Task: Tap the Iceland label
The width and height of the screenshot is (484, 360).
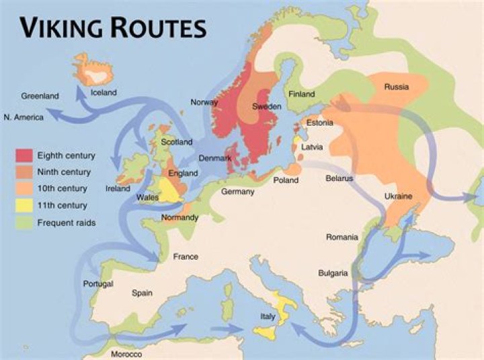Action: click(x=104, y=92)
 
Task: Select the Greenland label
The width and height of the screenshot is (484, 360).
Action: click(x=41, y=96)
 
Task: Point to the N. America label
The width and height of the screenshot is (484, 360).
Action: click(x=24, y=117)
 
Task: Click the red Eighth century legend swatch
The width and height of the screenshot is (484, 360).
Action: click(x=24, y=155)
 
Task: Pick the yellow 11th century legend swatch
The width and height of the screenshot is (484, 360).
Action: click(x=24, y=205)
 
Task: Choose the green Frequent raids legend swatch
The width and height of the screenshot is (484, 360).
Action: click(x=24, y=222)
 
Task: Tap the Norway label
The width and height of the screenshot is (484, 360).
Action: click(x=204, y=102)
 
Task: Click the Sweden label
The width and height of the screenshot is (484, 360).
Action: click(x=267, y=106)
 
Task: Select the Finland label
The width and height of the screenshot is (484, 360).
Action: click(x=301, y=94)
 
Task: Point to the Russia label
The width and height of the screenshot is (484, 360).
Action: click(x=397, y=87)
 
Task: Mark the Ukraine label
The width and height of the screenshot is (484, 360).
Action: click(x=398, y=196)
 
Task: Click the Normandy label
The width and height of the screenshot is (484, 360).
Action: click(x=179, y=217)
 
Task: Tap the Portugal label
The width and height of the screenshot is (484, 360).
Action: click(x=98, y=283)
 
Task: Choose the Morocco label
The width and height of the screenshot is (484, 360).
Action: click(x=126, y=354)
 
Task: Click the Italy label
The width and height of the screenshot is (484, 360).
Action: click(x=268, y=316)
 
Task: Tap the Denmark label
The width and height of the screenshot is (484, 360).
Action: click(x=215, y=158)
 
